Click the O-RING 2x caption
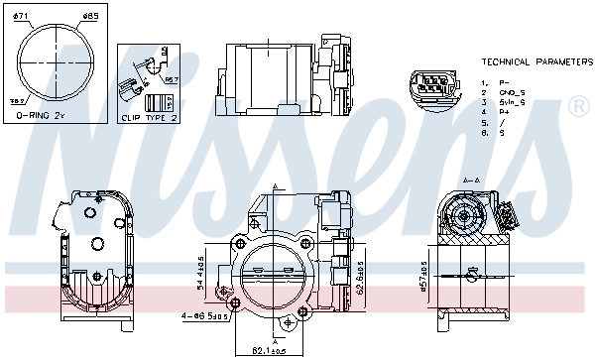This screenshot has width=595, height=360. coord(41,116)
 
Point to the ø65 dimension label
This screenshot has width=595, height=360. coord(89,17)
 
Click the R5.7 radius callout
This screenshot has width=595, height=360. coord(171,79)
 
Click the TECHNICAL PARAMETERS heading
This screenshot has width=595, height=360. coord(535,61)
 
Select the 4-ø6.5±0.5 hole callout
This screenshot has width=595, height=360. coord(206,317)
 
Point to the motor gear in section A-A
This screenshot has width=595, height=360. coord(461,212)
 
